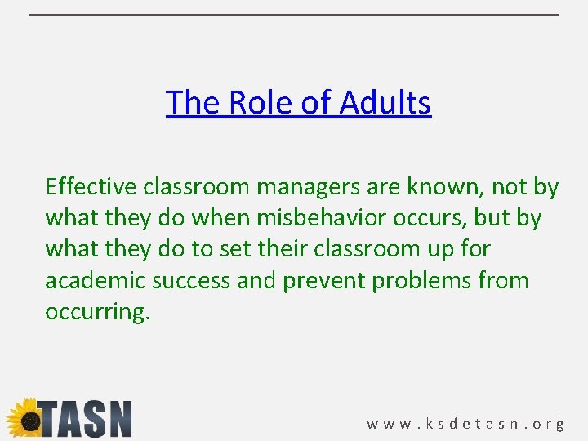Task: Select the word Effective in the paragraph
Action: (91, 187)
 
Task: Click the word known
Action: (441, 187)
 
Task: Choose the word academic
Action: (91, 281)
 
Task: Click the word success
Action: (189, 281)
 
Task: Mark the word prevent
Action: (323, 281)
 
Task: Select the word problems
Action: (421, 281)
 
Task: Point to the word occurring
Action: (97, 313)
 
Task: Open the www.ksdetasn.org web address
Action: (465, 425)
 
